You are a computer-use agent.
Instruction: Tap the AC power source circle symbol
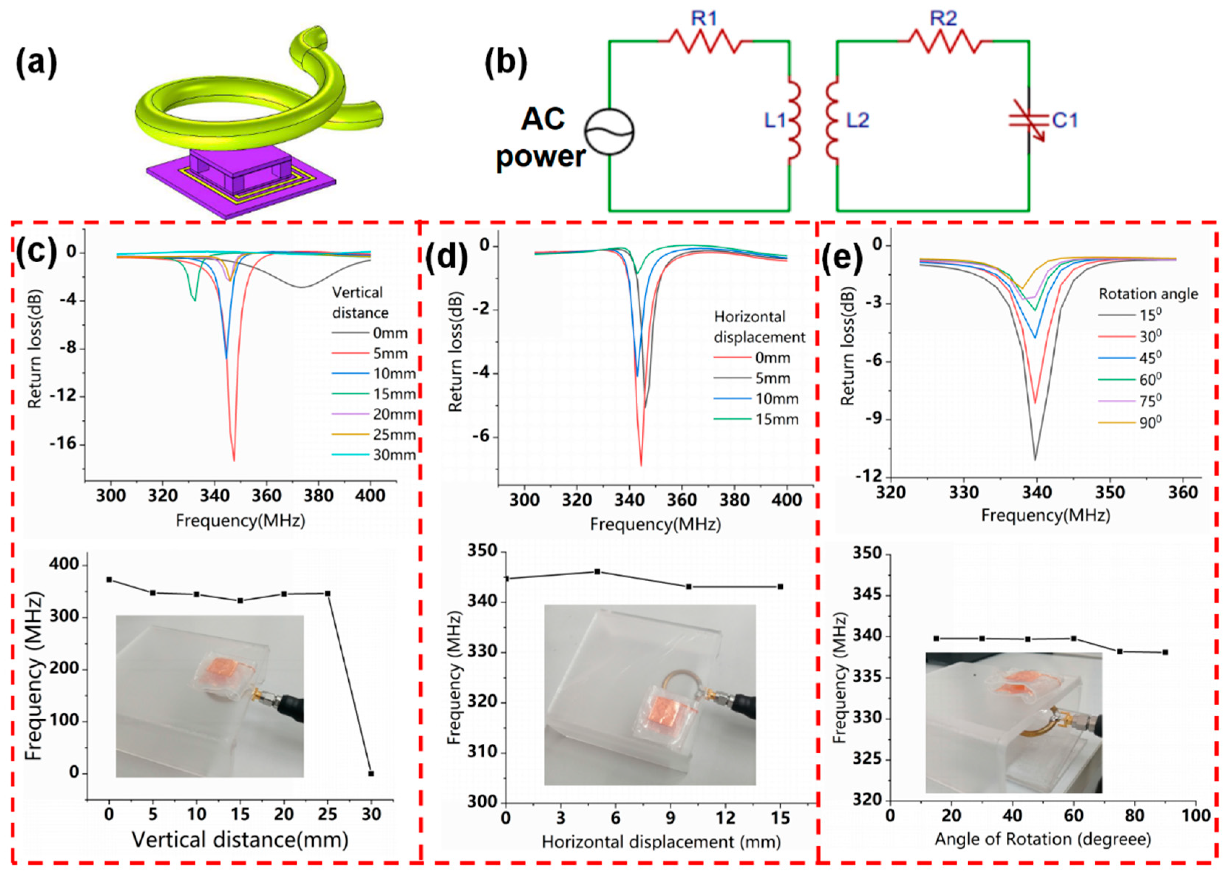tap(610, 131)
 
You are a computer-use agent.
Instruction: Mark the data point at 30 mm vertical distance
tap(371, 774)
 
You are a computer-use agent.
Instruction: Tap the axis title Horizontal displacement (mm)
tap(661, 842)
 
